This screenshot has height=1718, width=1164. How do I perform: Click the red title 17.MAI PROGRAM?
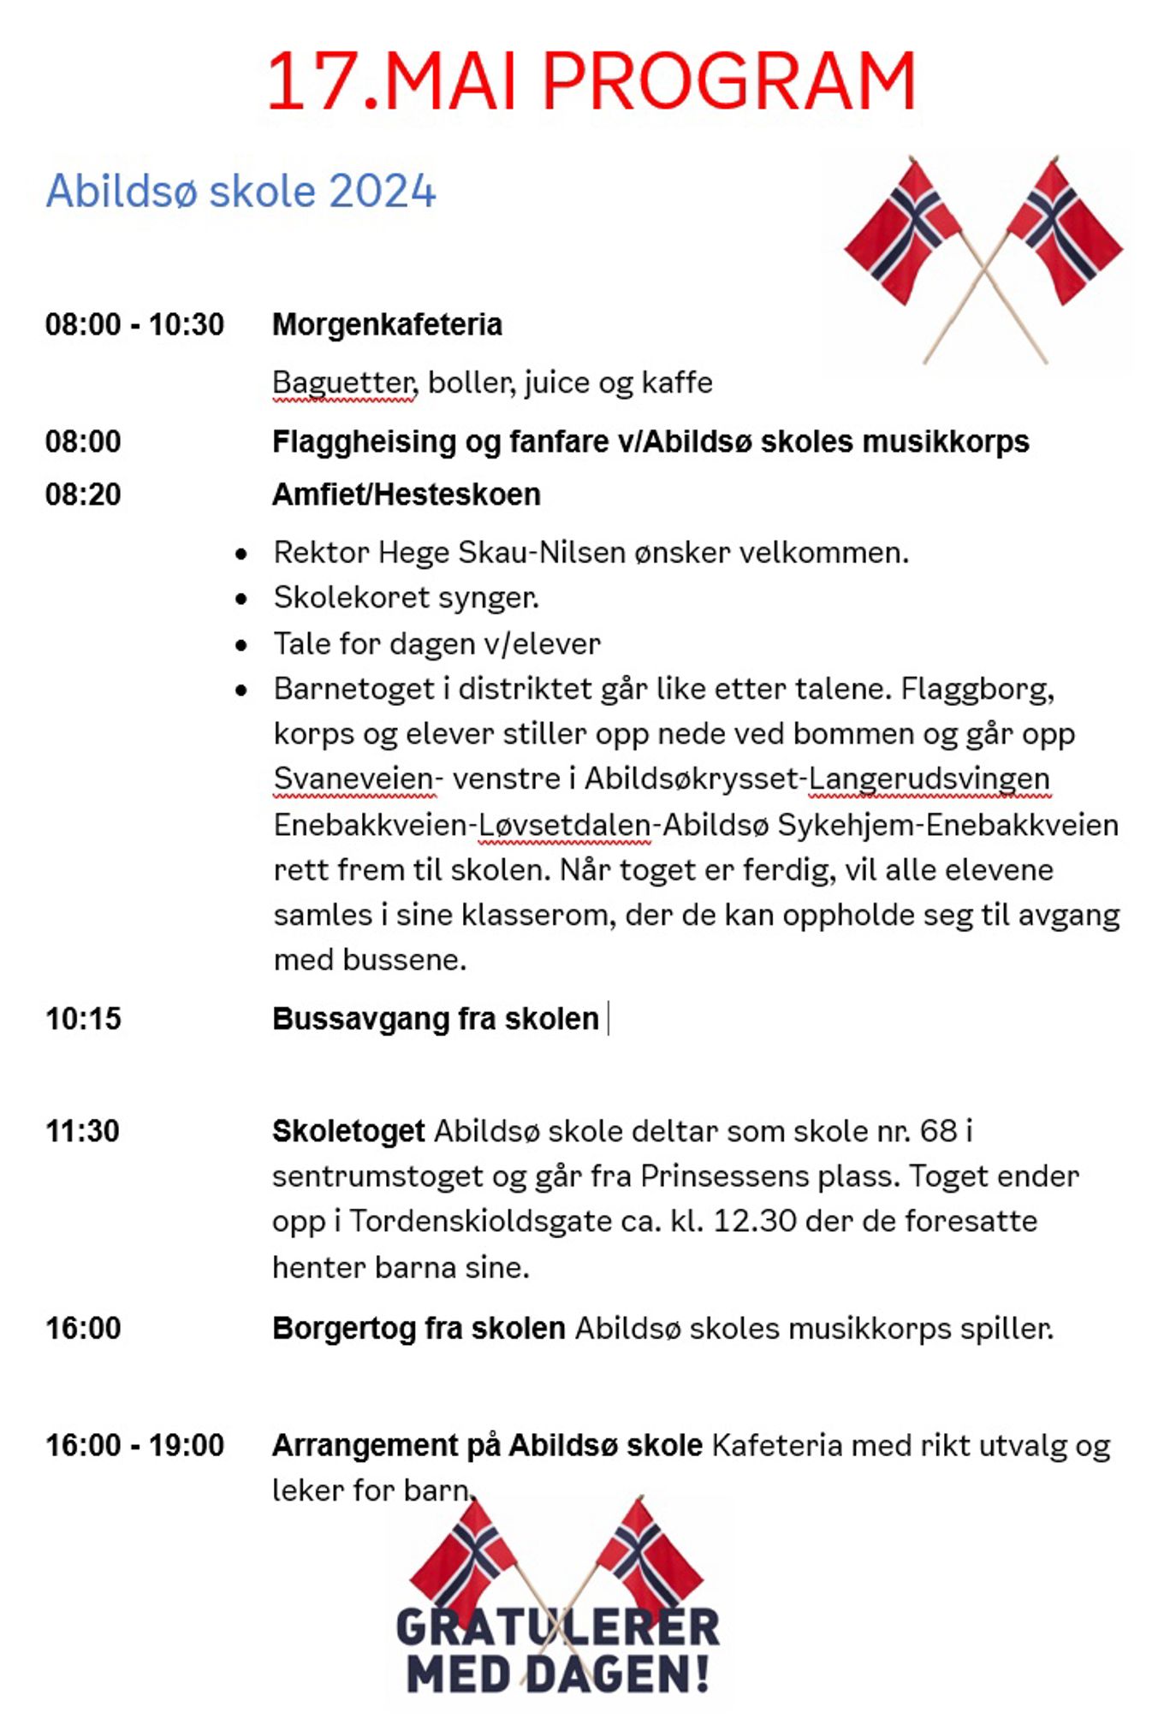pyautogui.click(x=591, y=81)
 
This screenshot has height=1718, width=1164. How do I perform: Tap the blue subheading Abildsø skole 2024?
pyautogui.click(x=241, y=191)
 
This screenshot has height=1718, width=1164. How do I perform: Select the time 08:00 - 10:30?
pyautogui.click(x=134, y=325)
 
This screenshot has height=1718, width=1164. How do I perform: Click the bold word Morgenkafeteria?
pyautogui.click(x=387, y=325)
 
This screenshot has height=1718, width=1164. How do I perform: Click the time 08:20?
pyautogui.click(x=83, y=495)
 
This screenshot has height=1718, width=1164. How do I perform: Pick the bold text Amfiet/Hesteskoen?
pyautogui.click(x=406, y=495)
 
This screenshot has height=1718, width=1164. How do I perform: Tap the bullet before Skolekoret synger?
pyautogui.click(x=241, y=599)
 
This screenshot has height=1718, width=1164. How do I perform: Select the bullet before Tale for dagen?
pyautogui.click(x=241, y=644)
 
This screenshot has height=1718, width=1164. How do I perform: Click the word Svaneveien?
pyautogui.click(x=353, y=779)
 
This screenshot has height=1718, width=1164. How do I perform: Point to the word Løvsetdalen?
pyautogui.click(x=564, y=825)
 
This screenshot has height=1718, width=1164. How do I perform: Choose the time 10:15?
pyautogui.click(x=83, y=1019)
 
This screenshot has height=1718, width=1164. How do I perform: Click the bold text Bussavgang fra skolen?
pyautogui.click(x=435, y=1019)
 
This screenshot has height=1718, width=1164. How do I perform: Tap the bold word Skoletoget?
pyautogui.click(x=348, y=1131)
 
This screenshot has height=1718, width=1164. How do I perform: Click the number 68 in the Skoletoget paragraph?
pyautogui.click(x=938, y=1131)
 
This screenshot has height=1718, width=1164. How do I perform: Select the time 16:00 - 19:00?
pyautogui.click(x=134, y=1445)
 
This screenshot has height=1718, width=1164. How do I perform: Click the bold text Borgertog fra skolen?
pyautogui.click(x=419, y=1328)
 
